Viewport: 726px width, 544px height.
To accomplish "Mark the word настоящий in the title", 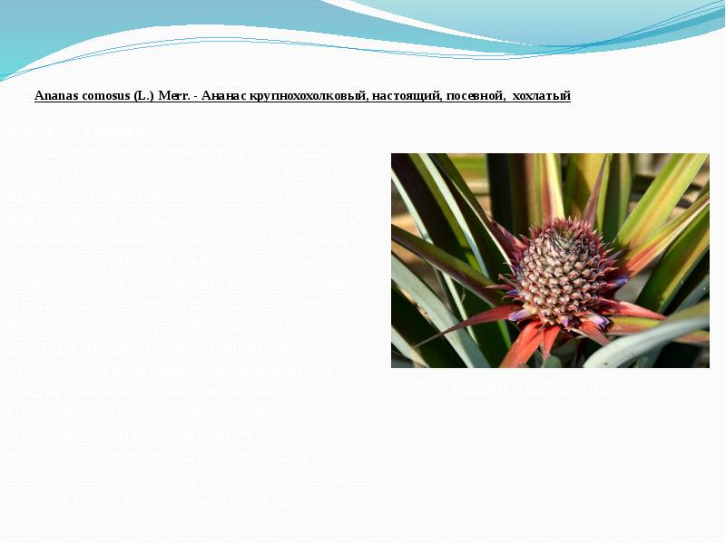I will [x=404, y=95].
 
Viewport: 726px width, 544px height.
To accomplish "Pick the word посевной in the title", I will [x=474, y=95].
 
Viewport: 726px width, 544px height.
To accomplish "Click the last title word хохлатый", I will [x=542, y=95].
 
